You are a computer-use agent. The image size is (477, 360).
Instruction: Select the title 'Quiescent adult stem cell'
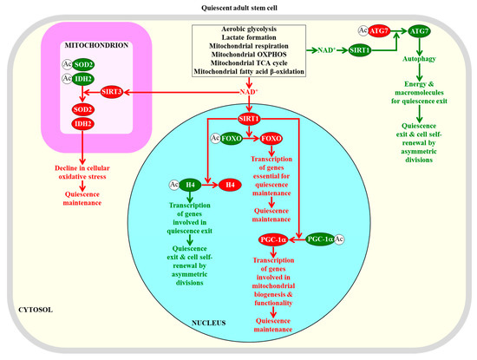(238, 7)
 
